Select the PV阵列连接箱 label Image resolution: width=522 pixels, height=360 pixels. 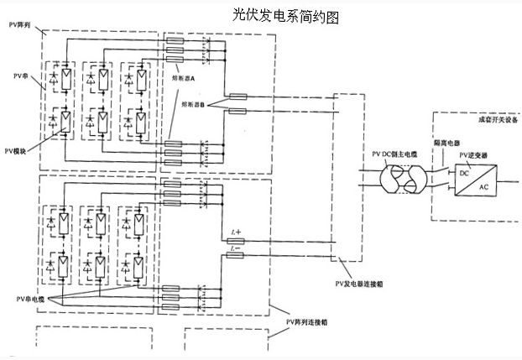(305, 321)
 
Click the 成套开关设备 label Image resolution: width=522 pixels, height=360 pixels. (494, 119)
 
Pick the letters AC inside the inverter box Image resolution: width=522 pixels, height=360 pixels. (485, 188)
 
